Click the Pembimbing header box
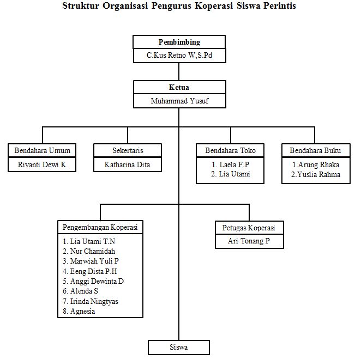[179, 42]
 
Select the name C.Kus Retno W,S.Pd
[179, 56]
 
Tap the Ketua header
[179, 87]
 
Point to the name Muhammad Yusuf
[179, 101]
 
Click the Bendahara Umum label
[43, 150]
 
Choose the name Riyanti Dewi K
[43, 164]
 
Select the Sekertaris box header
[128, 150]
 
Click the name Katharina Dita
[128, 164]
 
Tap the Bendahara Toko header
[230, 150]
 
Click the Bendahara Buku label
[316, 150]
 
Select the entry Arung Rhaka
[316, 164]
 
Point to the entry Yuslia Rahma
[316, 174]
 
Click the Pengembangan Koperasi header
[100, 227]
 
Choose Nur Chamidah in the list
[92, 251]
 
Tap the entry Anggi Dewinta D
[97, 281]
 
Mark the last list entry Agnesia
[82, 311]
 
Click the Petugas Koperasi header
[249, 227]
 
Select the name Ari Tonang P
[249, 241]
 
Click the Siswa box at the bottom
[179, 347]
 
